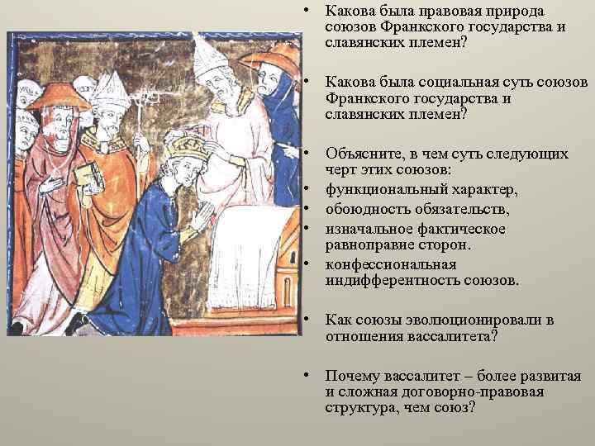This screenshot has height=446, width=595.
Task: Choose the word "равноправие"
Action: (x=368, y=245)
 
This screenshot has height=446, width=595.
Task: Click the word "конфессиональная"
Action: (x=391, y=264)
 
